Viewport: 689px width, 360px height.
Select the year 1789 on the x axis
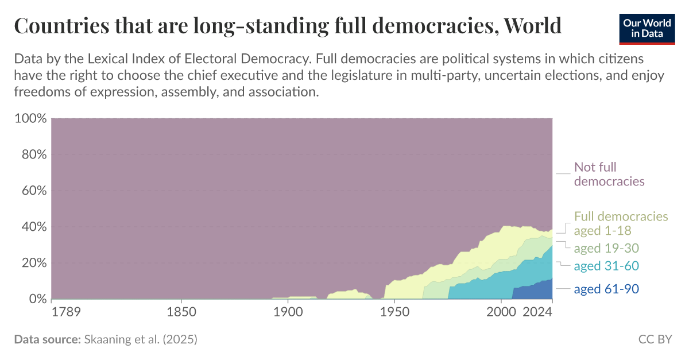coord(66,313)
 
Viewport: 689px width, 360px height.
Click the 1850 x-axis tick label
coord(181,313)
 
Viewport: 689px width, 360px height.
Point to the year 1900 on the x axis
coord(288,313)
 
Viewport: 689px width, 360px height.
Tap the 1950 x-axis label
coord(394,313)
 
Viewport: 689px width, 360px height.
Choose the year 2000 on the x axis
coord(501,313)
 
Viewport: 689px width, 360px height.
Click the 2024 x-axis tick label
coord(539,313)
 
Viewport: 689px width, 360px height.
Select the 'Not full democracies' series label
coord(609,175)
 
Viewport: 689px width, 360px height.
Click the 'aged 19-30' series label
coord(606,248)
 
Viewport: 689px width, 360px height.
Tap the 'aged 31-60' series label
coord(606,266)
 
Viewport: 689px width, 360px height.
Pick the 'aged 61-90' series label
coord(606,289)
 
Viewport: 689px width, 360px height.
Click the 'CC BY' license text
coord(655,340)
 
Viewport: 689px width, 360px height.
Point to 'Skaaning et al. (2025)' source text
coord(140,340)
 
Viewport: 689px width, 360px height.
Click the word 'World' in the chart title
coord(532,26)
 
